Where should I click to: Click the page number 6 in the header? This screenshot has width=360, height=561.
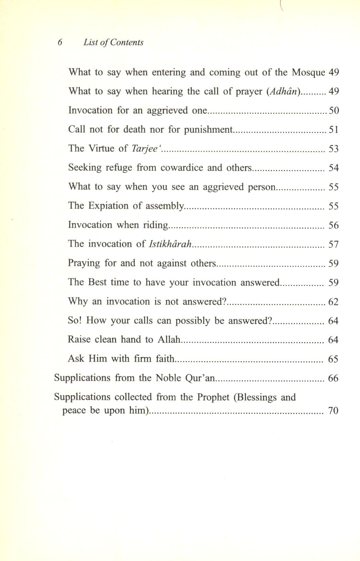click(60, 42)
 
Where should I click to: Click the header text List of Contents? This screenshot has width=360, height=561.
click(113, 42)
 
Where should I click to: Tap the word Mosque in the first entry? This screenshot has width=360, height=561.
click(308, 72)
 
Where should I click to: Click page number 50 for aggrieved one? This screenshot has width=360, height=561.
click(333, 110)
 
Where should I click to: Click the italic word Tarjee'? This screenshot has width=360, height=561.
click(146, 149)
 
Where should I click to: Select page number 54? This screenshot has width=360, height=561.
click(333, 168)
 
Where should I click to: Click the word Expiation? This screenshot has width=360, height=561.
click(109, 206)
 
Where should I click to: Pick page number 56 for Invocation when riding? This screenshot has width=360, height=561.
click(333, 225)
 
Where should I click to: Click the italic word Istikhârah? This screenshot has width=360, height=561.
click(170, 244)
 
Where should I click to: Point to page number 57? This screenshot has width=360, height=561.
click(333, 245)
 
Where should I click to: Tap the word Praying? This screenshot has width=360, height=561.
click(84, 263)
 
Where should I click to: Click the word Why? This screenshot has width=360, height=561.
click(78, 302)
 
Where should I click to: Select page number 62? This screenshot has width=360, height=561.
click(333, 302)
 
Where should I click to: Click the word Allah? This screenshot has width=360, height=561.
click(169, 339)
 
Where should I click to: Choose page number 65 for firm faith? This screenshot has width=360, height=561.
click(333, 359)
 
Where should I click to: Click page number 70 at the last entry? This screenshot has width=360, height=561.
click(333, 411)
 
